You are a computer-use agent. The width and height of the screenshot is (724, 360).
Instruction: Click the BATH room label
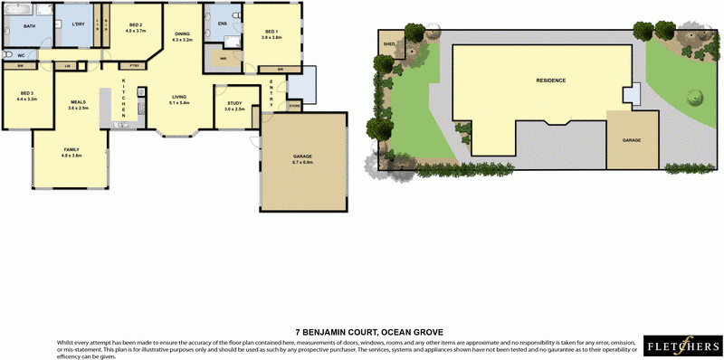[30, 27]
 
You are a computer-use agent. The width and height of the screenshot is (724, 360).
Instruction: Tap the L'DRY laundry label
[78, 26]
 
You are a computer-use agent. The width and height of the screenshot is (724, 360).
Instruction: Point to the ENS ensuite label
[222, 24]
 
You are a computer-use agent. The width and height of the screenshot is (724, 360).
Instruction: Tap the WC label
[20, 55]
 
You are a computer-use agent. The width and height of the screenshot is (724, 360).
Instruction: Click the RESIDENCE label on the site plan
[551, 81]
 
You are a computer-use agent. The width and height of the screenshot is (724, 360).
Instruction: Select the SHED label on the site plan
[391, 43]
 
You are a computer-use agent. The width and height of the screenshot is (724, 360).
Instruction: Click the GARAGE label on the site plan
[632, 140]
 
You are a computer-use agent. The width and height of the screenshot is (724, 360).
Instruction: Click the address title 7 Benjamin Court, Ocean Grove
[369, 332]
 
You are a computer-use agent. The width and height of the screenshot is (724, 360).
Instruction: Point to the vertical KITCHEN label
[124, 96]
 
